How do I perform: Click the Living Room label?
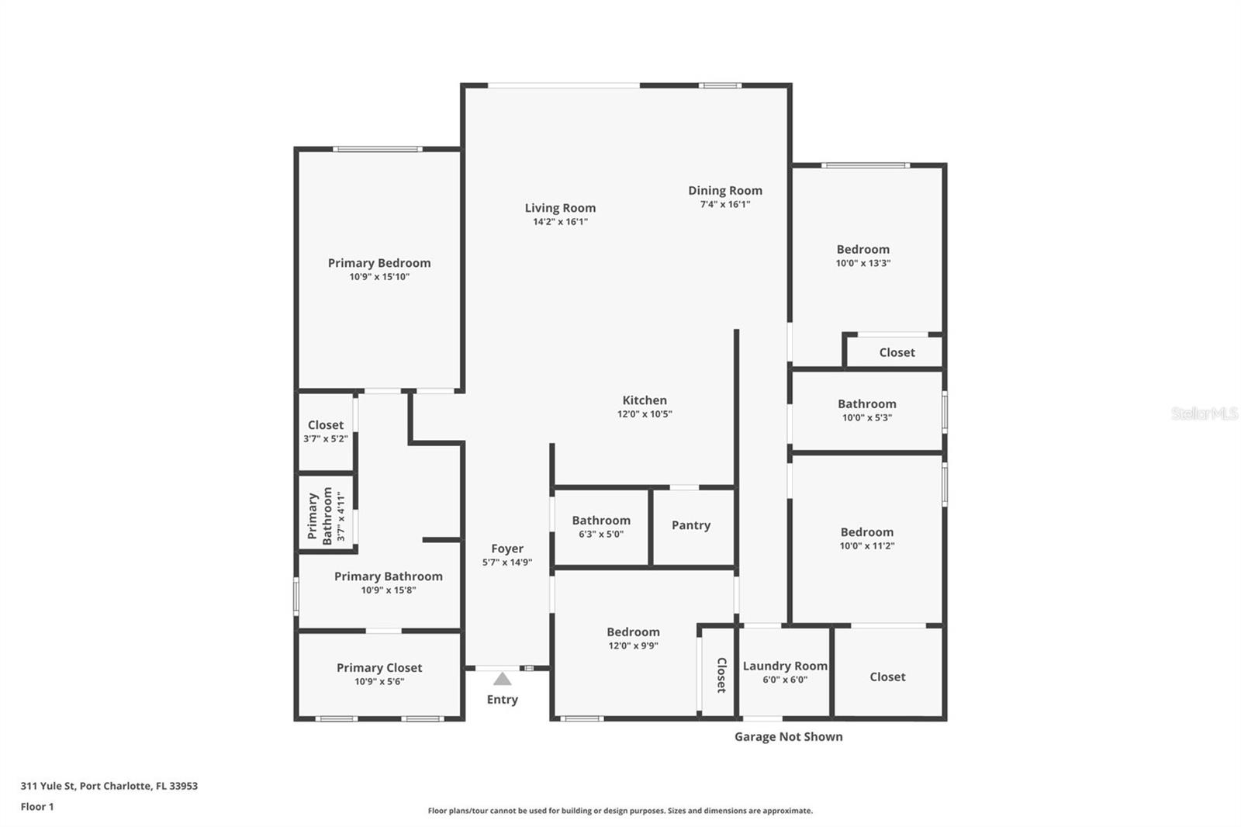(560, 208)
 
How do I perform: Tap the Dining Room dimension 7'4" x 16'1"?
(724, 205)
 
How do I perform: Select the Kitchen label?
(644, 400)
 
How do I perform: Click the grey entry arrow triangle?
(503, 680)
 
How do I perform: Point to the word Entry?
(502, 700)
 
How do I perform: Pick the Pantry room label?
(690, 525)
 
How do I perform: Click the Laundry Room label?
(784, 666)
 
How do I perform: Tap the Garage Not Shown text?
(788, 737)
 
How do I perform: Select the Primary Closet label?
(379, 668)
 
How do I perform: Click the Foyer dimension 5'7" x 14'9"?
(506, 562)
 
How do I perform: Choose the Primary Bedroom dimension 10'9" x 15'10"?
(379, 277)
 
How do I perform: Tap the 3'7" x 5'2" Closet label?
(325, 431)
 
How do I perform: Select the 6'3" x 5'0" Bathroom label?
(601, 527)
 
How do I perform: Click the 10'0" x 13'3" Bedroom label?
(862, 255)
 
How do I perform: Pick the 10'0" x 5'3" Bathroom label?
(866, 410)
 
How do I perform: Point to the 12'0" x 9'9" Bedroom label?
(633, 638)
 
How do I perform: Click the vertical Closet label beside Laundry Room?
(721, 675)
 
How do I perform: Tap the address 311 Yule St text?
(109, 786)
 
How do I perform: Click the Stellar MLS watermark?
(1204, 413)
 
